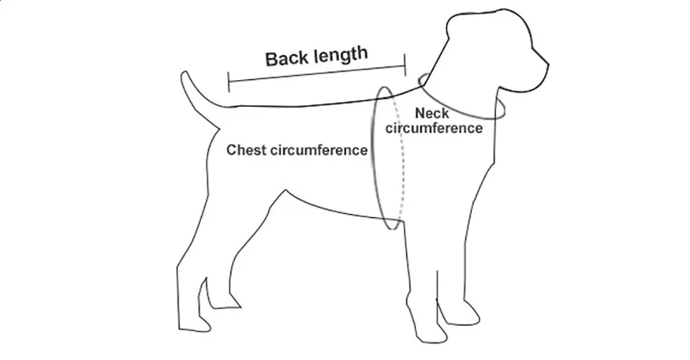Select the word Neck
(x=432, y=113)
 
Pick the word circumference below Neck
(x=434, y=128)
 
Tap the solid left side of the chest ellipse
(x=373, y=159)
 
